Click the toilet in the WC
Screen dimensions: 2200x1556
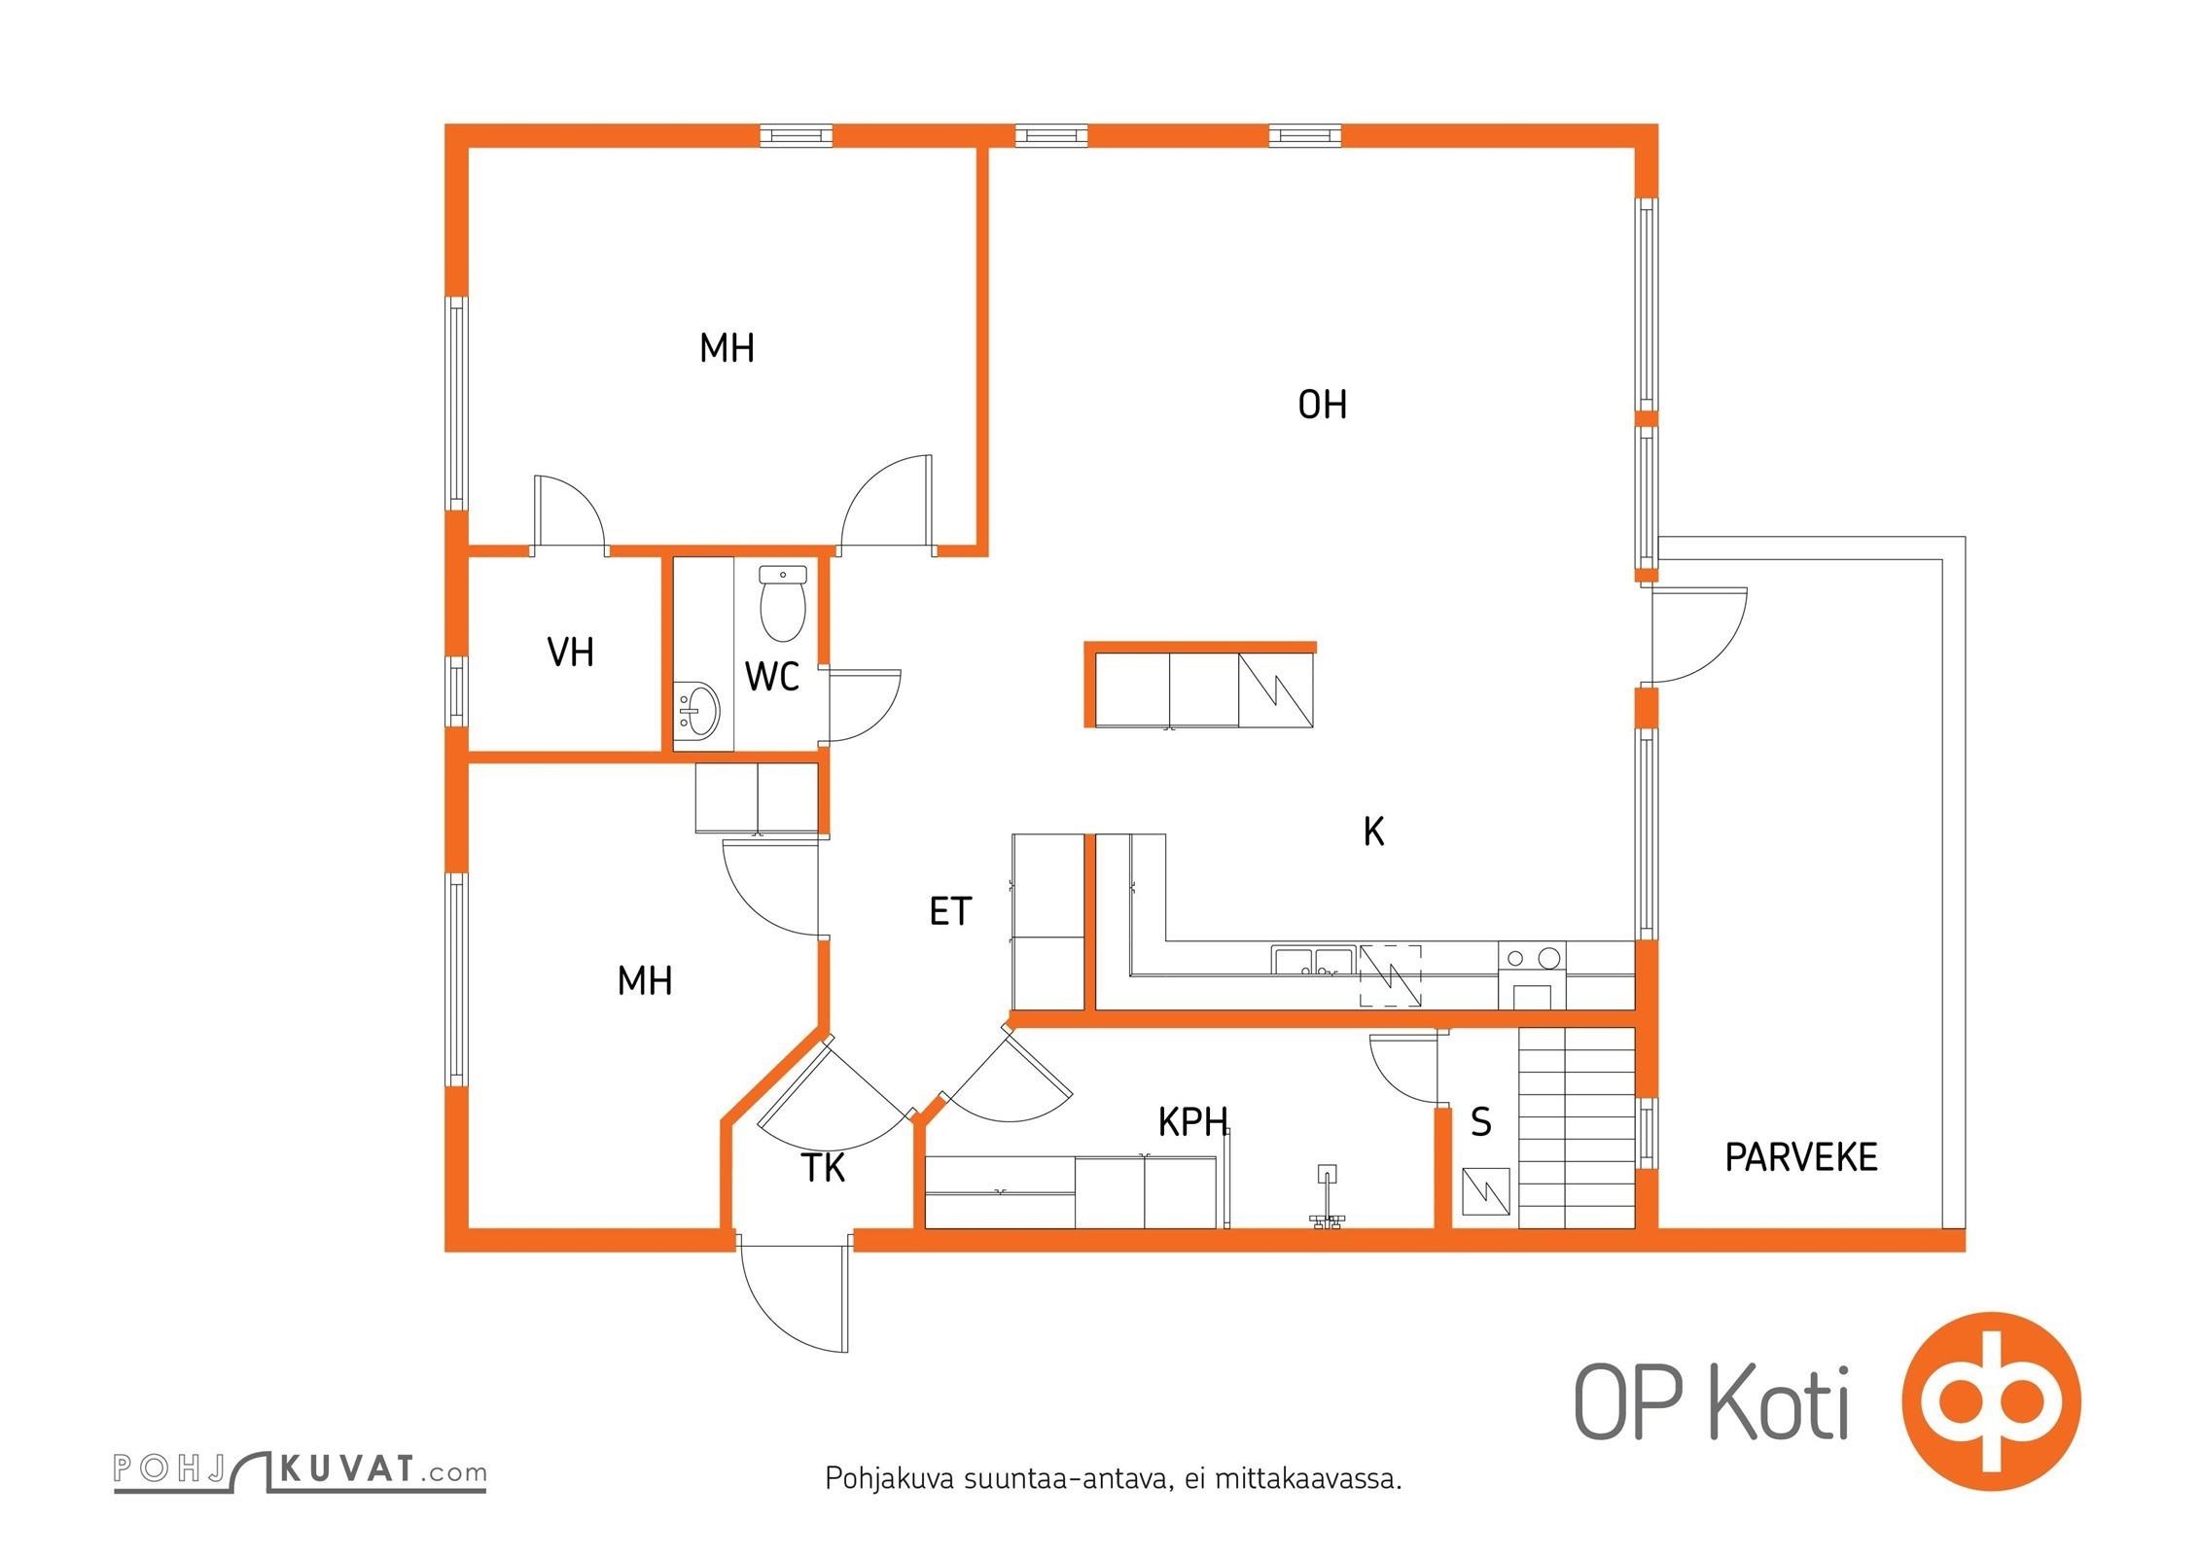tap(783, 604)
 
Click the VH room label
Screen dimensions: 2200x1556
tap(571, 653)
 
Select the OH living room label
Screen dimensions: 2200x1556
tap(1323, 405)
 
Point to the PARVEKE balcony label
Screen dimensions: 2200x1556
tap(1801, 1157)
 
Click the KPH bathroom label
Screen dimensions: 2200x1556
tap(1192, 1122)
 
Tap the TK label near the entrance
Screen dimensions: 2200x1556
tap(824, 1168)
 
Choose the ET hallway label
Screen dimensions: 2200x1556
tap(950, 911)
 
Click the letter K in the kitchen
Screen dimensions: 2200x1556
tap(1373, 831)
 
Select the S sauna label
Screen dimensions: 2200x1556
tap(1481, 1122)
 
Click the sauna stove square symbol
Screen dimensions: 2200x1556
tap(1486, 1191)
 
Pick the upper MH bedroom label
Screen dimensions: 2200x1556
tap(727, 348)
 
